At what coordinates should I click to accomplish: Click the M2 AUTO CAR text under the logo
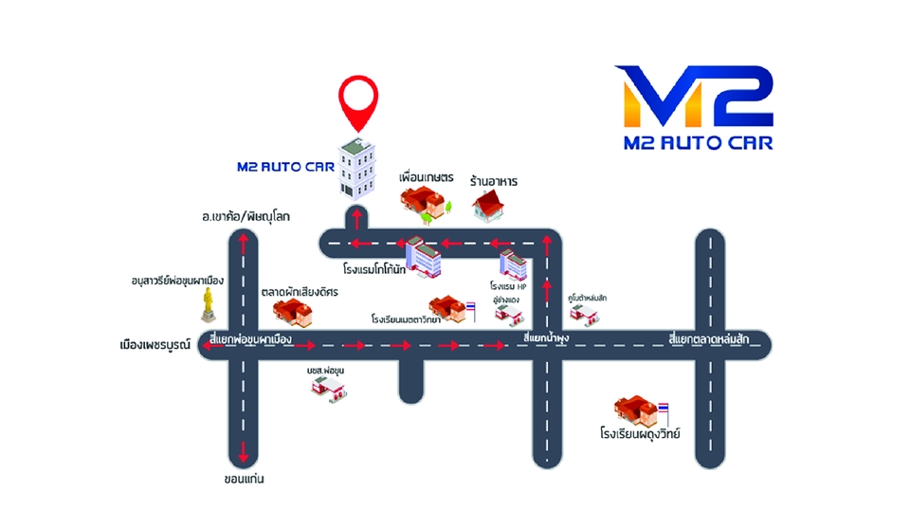[x=699, y=144]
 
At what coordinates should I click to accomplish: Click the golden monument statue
[x=209, y=305]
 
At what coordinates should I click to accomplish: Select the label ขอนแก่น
[x=244, y=479]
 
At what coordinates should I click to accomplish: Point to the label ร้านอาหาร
[x=493, y=180]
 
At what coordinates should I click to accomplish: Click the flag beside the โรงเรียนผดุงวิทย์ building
[x=664, y=409]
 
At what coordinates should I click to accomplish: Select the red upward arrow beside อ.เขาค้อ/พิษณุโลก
[x=244, y=243]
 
